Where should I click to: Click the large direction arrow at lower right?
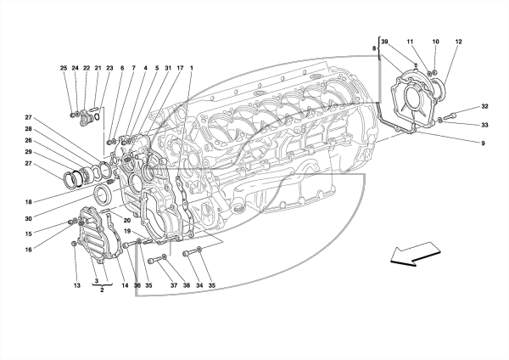(415, 254)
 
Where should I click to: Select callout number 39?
(384, 42)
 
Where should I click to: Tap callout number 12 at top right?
(458, 42)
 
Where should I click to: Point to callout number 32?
(484, 106)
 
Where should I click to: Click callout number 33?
(484, 125)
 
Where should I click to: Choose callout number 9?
(483, 143)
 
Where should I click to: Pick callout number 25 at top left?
(64, 68)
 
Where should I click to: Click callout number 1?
(192, 68)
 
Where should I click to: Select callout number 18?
(29, 202)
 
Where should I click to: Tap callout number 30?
(29, 219)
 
